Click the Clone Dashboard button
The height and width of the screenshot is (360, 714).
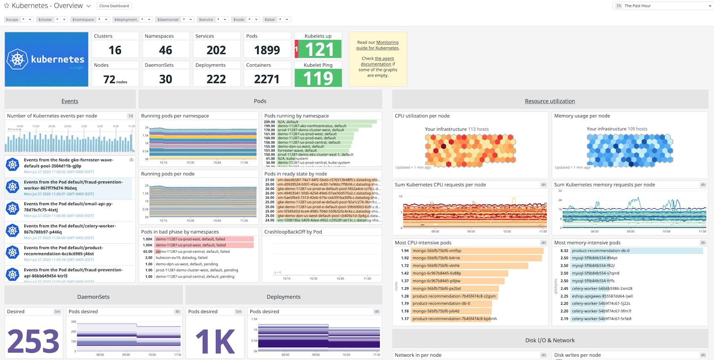(x=114, y=6)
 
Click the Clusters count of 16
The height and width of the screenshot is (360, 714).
(x=115, y=50)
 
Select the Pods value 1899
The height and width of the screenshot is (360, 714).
(x=267, y=50)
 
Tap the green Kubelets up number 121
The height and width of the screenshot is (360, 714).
(x=319, y=50)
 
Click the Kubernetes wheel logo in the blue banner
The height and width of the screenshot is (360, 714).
(x=17, y=59)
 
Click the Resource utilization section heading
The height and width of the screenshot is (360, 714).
(x=550, y=101)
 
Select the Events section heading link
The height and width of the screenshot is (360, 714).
(x=70, y=101)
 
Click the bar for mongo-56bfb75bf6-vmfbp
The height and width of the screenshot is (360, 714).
(x=477, y=251)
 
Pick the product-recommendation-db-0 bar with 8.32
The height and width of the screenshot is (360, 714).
(x=636, y=251)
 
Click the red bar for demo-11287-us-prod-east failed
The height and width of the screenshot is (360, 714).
(x=204, y=239)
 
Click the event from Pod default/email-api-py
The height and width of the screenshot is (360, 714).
(x=68, y=207)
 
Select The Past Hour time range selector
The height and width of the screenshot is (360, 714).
(x=662, y=6)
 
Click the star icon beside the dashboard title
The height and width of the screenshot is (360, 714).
(x=6, y=6)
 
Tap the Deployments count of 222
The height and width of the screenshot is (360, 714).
(x=216, y=79)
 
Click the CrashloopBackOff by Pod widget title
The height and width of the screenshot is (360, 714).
(x=293, y=232)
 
